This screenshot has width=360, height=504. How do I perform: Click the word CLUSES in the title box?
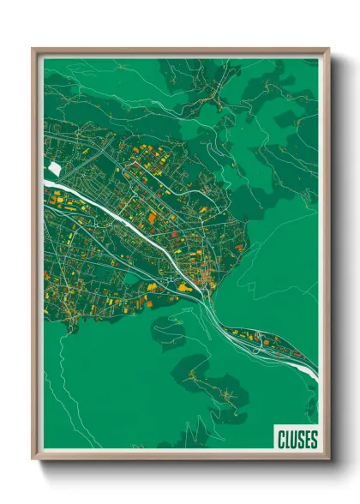pyautogui.click(x=297, y=440)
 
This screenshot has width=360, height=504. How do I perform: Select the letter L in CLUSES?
pyautogui.click(x=288, y=440)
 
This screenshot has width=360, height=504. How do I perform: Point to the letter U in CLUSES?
pyautogui.click(x=294, y=440)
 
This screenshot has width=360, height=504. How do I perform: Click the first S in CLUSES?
pyautogui.click(x=300, y=440)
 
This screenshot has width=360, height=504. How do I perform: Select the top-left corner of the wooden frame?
pyautogui.click(x=33, y=50)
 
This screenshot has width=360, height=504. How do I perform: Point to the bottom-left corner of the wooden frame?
pyautogui.click(x=33, y=459)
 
